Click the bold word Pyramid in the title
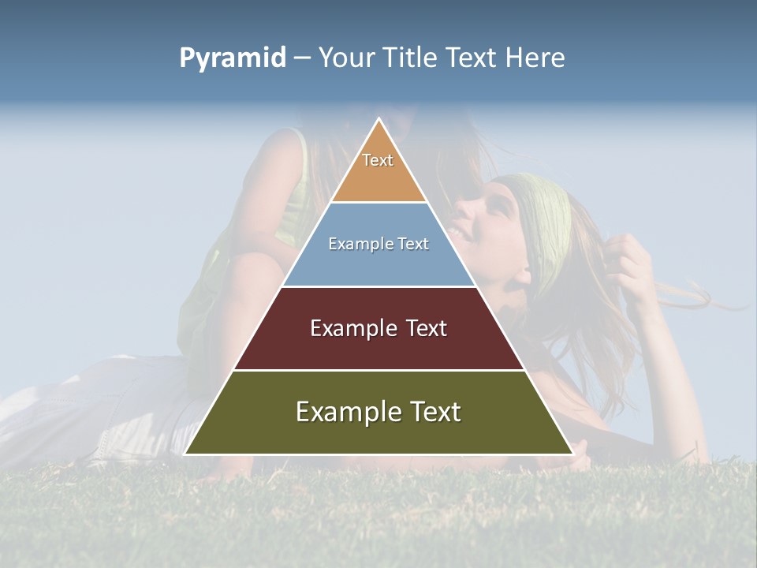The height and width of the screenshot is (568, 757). pyautogui.click(x=232, y=58)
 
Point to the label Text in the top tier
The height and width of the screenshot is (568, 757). pyautogui.click(x=378, y=160)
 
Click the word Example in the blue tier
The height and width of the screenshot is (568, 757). pyautogui.click(x=357, y=244)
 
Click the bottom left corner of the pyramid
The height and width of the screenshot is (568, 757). pyautogui.click(x=185, y=454)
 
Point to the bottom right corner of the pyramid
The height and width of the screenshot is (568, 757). pyautogui.click(x=573, y=454)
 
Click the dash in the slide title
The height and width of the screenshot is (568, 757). pyautogui.click(x=302, y=58)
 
